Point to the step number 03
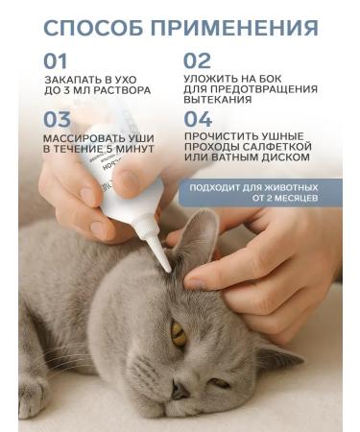tap(59, 120)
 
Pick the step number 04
tap(198, 120)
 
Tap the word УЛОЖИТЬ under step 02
tap(212, 81)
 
